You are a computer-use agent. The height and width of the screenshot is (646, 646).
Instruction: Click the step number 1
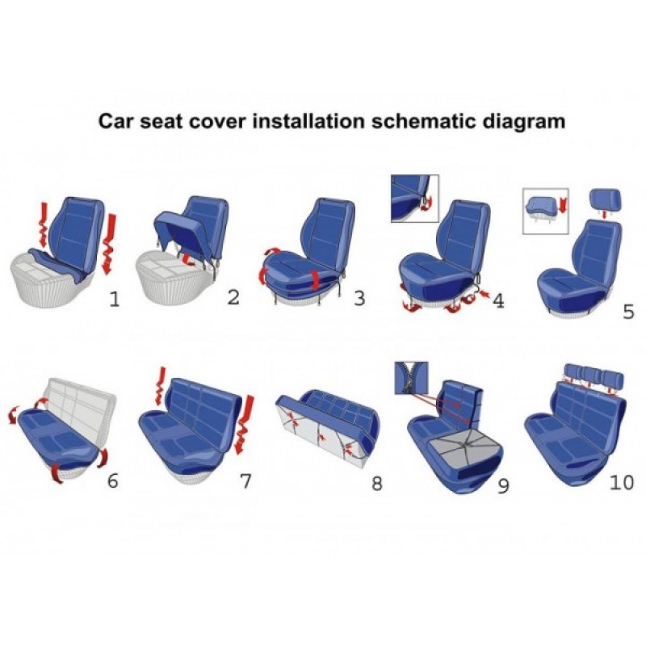tap(114, 299)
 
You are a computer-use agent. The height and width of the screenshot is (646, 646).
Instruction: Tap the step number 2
tap(233, 297)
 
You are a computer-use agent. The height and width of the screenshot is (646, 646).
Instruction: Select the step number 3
tap(359, 298)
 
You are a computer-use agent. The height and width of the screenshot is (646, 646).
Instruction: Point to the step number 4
tap(498, 300)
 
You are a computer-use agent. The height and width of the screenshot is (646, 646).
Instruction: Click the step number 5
tap(628, 312)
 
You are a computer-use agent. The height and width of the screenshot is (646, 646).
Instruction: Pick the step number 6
tap(112, 480)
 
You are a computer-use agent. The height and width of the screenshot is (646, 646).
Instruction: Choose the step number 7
tap(245, 480)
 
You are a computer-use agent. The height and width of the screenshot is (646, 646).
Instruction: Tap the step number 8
tap(376, 483)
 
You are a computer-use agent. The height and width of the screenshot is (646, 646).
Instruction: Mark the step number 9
tap(503, 486)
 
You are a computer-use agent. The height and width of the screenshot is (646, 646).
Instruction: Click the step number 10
tap(622, 482)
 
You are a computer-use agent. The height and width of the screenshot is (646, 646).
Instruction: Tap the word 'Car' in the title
tap(116, 122)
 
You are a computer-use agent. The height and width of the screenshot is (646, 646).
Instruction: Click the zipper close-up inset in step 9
tap(411, 378)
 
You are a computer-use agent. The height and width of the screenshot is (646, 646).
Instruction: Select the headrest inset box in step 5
tap(546, 212)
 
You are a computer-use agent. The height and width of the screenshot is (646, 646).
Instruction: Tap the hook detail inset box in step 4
tap(415, 199)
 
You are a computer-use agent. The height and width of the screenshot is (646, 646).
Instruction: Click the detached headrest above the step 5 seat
tap(605, 199)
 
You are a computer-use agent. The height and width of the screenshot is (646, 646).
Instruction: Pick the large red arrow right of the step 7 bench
tap(244, 425)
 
